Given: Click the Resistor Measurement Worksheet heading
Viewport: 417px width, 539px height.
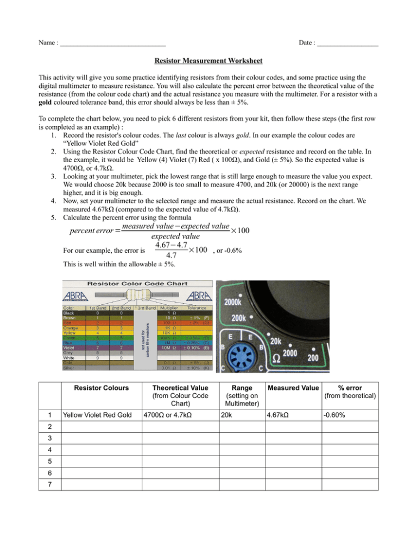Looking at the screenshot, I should click(x=208, y=62).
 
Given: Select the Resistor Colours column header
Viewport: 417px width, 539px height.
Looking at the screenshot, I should click(x=97, y=389).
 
